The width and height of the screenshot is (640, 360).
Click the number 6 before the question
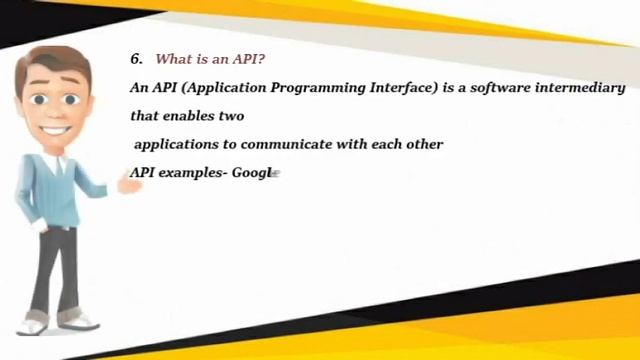pyautogui.click(x=135, y=59)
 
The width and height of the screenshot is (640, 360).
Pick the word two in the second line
pyautogui.click(x=231, y=116)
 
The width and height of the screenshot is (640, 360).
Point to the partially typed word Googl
pyautogui.click(x=252, y=173)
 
